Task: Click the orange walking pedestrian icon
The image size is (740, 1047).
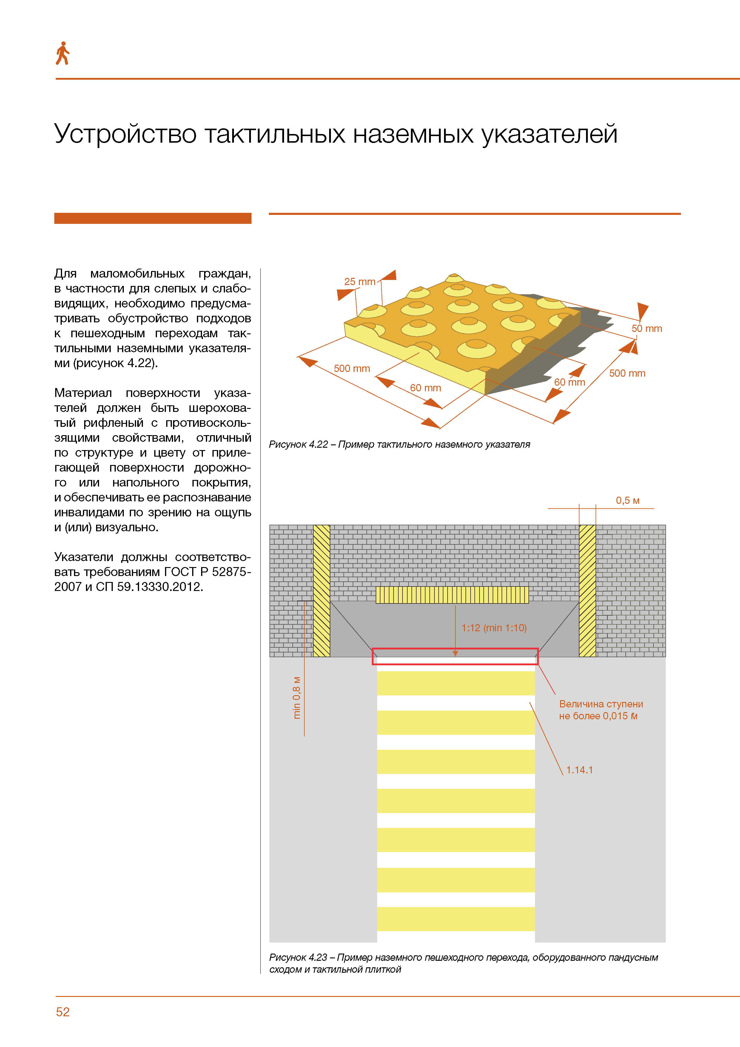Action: [x=62, y=53]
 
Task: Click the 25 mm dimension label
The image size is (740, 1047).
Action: [x=360, y=282]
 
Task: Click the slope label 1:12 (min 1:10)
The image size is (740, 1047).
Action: [x=494, y=628]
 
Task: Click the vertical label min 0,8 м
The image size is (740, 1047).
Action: [x=297, y=698]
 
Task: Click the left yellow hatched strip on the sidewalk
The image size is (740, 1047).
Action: [x=321, y=591]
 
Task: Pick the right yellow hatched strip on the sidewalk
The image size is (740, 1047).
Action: [x=587, y=591]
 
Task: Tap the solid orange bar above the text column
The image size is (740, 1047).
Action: [x=153, y=218]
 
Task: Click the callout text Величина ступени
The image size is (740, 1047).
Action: [x=601, y=704]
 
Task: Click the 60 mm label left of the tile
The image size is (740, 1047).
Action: [x=425, y=388]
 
